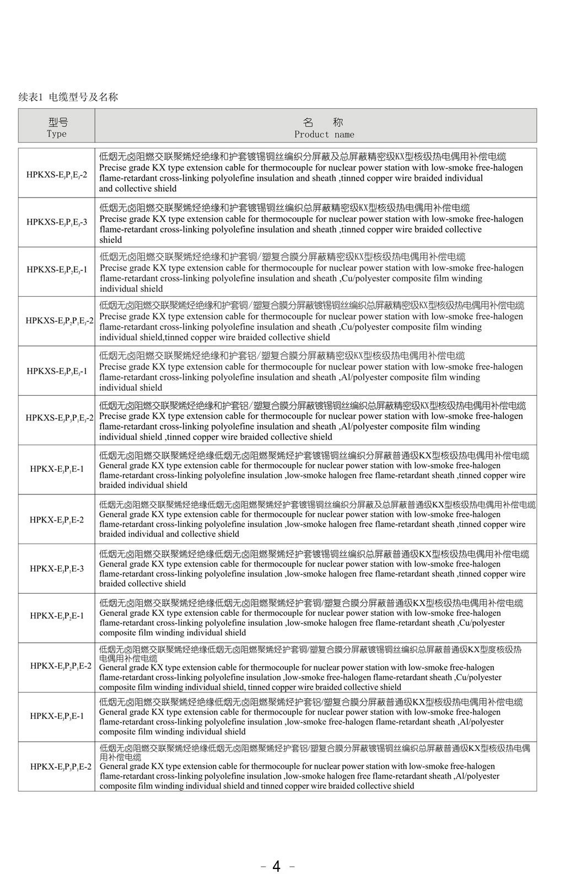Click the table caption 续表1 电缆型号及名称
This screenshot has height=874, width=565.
click(68, 97)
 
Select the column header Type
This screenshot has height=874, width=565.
click(57, 134)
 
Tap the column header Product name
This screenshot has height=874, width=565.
click(324, 134)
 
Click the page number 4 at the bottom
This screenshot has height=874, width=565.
click(277, 866)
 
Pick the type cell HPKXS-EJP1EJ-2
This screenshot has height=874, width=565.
click(57, 175)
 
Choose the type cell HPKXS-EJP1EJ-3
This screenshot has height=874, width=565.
click(57, 222)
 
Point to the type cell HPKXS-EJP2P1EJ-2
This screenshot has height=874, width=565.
click(60, 321)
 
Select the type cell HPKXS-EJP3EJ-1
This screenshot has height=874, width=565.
click(57, 371)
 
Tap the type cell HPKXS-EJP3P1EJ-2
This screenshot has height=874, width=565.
click(60, 418)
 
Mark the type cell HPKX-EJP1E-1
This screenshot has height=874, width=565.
click(57, 469)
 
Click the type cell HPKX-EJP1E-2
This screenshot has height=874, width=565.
click(57, 519)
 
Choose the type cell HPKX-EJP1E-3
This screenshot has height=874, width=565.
click(57, 568)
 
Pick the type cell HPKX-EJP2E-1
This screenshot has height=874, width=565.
click(57, 616)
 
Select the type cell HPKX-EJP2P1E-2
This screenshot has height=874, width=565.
click(61, 666)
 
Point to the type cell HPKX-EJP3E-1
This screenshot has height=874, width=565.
click(57, 716)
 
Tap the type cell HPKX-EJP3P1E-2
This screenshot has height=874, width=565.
click(61, 766)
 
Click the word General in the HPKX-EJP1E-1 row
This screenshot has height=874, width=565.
click(114, 465)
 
